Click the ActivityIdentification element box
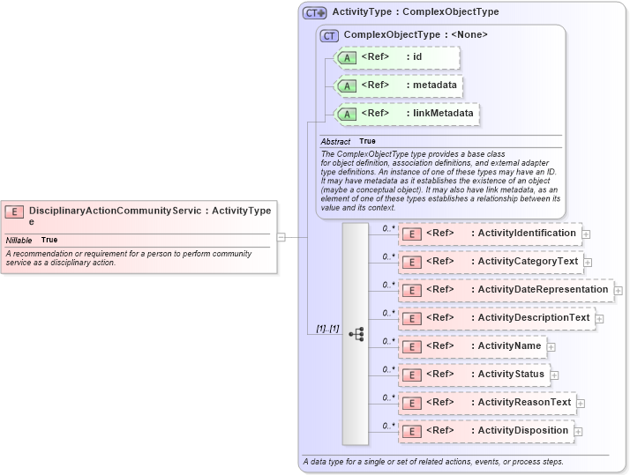[490, 234]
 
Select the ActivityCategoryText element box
[491, 262]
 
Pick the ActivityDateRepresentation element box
[506, 290]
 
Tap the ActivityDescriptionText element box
[496, 318]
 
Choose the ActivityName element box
[472, 346]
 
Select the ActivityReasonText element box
[487, 403]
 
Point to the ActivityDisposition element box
[485, 431]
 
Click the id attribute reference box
[398, 58]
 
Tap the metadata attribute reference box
[400, 85]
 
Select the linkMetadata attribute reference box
[408, 114]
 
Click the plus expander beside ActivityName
[551, 347]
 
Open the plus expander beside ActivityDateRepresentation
[619, 290]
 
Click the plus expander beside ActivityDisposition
[580, 432]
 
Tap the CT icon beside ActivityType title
[314, 13]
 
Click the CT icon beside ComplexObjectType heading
[329, 35]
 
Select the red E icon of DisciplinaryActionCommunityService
[14, 212]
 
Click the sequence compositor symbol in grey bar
[356, 334]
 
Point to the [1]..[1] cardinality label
[327, 329]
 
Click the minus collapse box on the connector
[281, 236]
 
